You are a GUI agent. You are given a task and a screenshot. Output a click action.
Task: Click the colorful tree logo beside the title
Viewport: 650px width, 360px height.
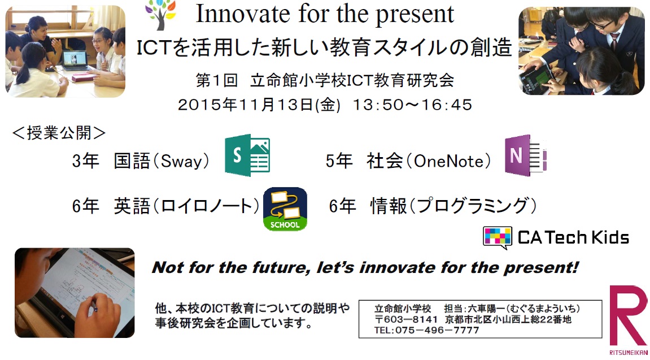(x=161, y=15)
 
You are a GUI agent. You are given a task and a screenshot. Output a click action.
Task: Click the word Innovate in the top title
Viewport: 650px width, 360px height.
(x=243, y=14)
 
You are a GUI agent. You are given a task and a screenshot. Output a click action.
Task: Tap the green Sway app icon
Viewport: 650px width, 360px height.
(x=247, y=155)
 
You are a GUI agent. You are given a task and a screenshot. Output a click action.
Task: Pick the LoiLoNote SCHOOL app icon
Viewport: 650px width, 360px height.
(x=285, y=209)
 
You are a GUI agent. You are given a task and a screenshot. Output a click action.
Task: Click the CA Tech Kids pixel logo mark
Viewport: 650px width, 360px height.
(x=497, y=237)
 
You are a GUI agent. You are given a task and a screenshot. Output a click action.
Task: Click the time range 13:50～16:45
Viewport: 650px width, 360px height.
(x=412, y=105)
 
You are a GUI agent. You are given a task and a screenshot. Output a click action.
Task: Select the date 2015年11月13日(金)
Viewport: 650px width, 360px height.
(x=259, y=105)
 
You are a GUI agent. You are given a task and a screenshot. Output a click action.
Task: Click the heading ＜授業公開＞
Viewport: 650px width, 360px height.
(x=59, y=133)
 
